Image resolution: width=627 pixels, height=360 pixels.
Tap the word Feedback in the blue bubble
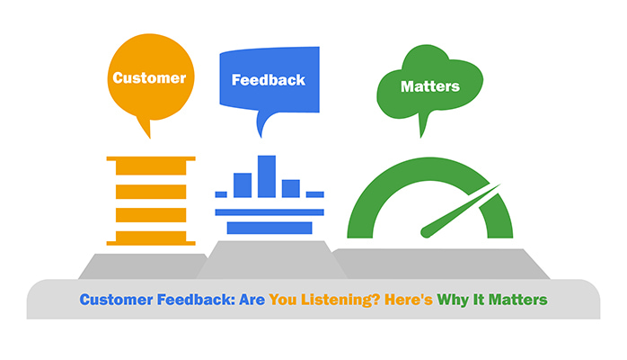tap(268, 79)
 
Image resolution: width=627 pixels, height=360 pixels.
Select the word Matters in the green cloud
tap(430, 86)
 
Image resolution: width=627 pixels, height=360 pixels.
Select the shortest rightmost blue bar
tap(314, 193)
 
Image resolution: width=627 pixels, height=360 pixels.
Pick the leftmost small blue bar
tap(221, 193)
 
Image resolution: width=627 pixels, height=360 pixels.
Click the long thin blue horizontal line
tap(269, 212)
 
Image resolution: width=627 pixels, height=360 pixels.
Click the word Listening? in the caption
tap(313, 300)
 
